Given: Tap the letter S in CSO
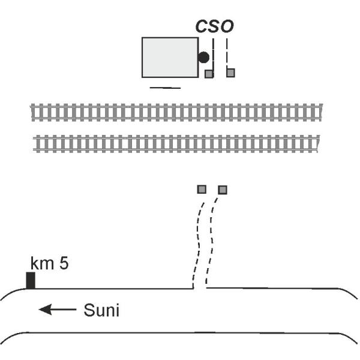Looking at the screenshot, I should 214,26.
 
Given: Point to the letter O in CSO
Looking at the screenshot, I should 227,26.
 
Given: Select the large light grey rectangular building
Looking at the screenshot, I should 170,57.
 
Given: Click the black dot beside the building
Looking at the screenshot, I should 204,58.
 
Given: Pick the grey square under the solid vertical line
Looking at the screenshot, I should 209,74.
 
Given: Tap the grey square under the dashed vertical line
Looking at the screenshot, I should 230,73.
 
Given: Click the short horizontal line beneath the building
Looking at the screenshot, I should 164,86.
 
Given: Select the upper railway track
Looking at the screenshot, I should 177,112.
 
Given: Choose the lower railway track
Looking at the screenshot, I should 177,143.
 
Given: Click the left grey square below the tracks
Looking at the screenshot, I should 202,190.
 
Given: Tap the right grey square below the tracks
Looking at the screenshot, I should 223,190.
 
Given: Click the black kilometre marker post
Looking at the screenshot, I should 30,280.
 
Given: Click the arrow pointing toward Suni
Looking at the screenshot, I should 57,310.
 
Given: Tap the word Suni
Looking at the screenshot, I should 101,310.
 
